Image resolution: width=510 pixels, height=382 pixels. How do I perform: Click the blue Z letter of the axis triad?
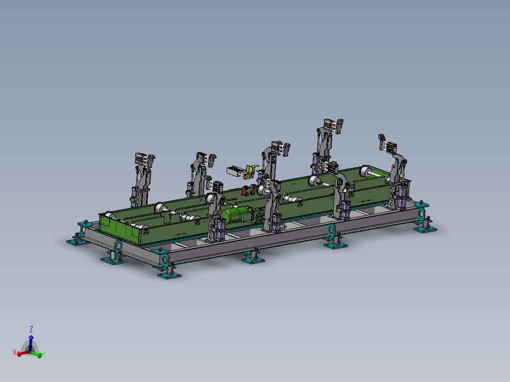point(31,329)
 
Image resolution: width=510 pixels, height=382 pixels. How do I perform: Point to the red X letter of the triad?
point(14,352)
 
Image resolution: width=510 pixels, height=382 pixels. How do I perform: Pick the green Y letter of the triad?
point(43,355)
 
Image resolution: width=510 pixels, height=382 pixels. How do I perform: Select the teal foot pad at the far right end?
point(425,228)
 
